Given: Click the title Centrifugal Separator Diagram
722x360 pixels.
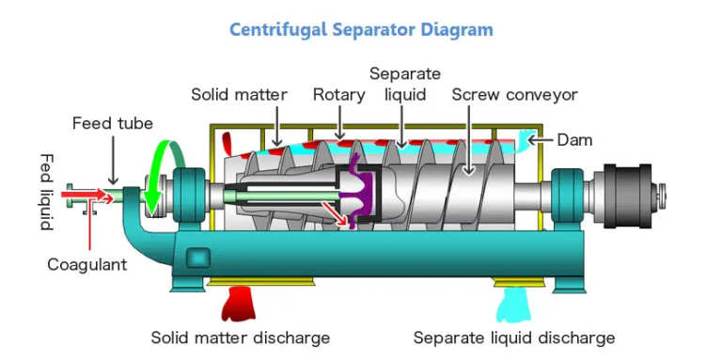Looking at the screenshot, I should click(361, 29).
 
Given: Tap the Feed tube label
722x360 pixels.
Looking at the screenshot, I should click(112, 124).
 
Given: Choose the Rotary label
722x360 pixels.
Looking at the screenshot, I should click(339, 94).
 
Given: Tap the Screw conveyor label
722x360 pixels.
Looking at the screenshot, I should click(514, 94).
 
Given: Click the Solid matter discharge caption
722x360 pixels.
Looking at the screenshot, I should click(241, 337).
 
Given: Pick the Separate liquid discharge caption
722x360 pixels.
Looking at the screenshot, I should click(514, 337).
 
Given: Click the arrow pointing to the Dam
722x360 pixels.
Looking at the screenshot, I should click(541, 140).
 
